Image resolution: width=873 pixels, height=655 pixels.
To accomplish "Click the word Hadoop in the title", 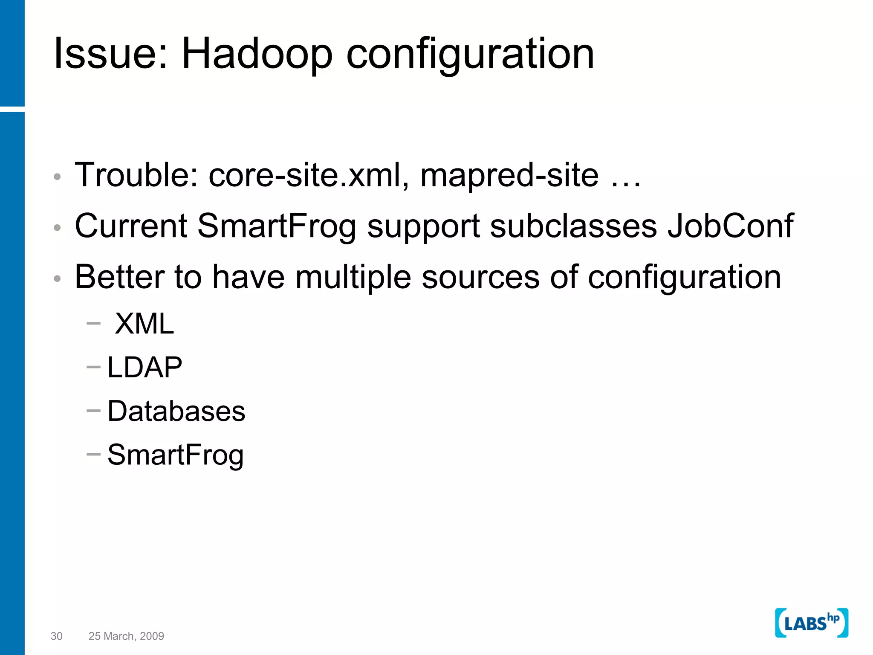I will (x=257, y=54).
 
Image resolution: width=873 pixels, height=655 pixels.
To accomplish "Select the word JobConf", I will (x=730, y=226).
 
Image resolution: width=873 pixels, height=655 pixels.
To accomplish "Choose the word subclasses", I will (x=573, y=226).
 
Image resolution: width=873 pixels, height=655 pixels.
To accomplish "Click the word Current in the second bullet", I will (x=131, y=226).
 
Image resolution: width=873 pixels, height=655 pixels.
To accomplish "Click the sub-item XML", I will (x=145, y=324).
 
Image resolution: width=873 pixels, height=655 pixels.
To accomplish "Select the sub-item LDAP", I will (x=145, y=367).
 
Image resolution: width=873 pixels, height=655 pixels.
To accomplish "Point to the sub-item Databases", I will (x=176, y=411).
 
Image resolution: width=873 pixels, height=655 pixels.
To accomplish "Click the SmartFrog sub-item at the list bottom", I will (x=175, y=455).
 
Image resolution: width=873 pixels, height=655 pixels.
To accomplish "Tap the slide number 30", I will (x=56, y=636).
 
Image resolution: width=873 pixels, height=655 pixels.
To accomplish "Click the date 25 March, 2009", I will (x=126, y=636).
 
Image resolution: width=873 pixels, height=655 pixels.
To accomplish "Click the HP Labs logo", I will (x=811, y=623).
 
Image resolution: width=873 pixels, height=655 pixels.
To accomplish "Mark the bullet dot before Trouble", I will (x=58, y=177).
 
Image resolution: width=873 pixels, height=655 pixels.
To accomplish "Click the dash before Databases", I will (x=93, y=411).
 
